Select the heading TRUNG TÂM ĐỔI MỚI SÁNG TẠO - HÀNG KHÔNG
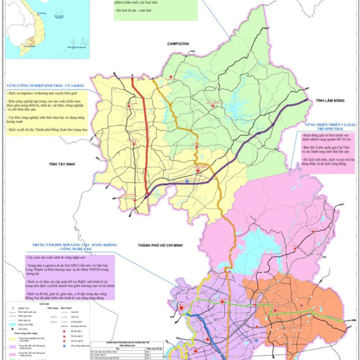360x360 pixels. point(74,245)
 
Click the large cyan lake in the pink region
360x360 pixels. point(258,245)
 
